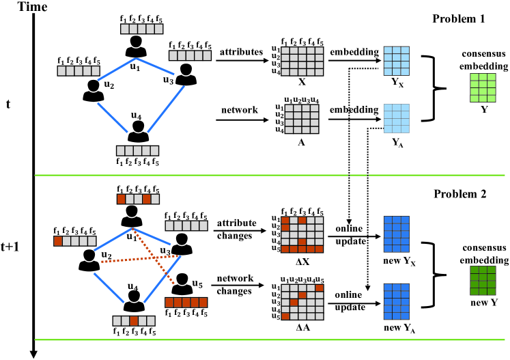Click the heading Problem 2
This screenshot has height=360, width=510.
click(x=459, y=195)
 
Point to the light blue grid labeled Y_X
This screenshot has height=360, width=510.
click(x=397, y=61)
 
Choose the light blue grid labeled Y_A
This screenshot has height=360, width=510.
click(x=397, y=117)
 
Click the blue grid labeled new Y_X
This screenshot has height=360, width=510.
click(x=397, y=234)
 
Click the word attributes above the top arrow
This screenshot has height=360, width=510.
click(x=241, y=52)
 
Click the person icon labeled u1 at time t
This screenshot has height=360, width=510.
click(x=136, y=47)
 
